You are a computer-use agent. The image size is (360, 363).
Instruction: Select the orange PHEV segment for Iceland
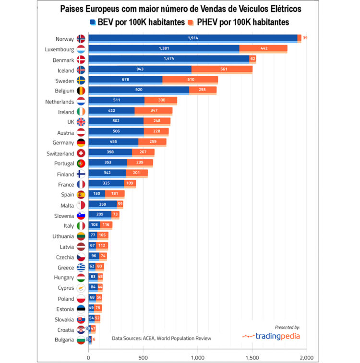pyautogui.click(x=222, y=69)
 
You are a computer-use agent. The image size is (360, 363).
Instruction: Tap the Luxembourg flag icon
pyautogui.click(x=81, y=48)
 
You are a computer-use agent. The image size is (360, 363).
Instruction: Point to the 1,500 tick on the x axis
pyautogui.click(x=252, y=357)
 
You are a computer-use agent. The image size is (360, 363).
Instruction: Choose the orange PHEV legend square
pyautogui.click(x=191, y=22)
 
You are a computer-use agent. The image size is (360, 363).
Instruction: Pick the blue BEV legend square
pyautogui.click(x=92, y=22)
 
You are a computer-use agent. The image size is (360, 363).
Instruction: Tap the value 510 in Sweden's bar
pyautogui.click(x=190, y=80)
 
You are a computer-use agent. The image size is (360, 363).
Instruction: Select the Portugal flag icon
pyautogui.click(x=81, y=164)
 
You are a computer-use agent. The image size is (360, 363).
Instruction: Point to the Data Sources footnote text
pyautogui.click(x=161, y=338)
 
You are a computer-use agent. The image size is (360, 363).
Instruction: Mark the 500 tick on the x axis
pyautogui.click(x=143, y=357)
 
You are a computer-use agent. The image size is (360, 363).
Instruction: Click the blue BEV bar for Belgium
pyautogui.click(x=139, y=90)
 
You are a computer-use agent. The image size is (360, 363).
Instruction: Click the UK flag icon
pyautogui.click(x=81, y=122)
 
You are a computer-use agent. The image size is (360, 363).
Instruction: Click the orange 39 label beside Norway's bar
pyautogui.click(x=305, y=38)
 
